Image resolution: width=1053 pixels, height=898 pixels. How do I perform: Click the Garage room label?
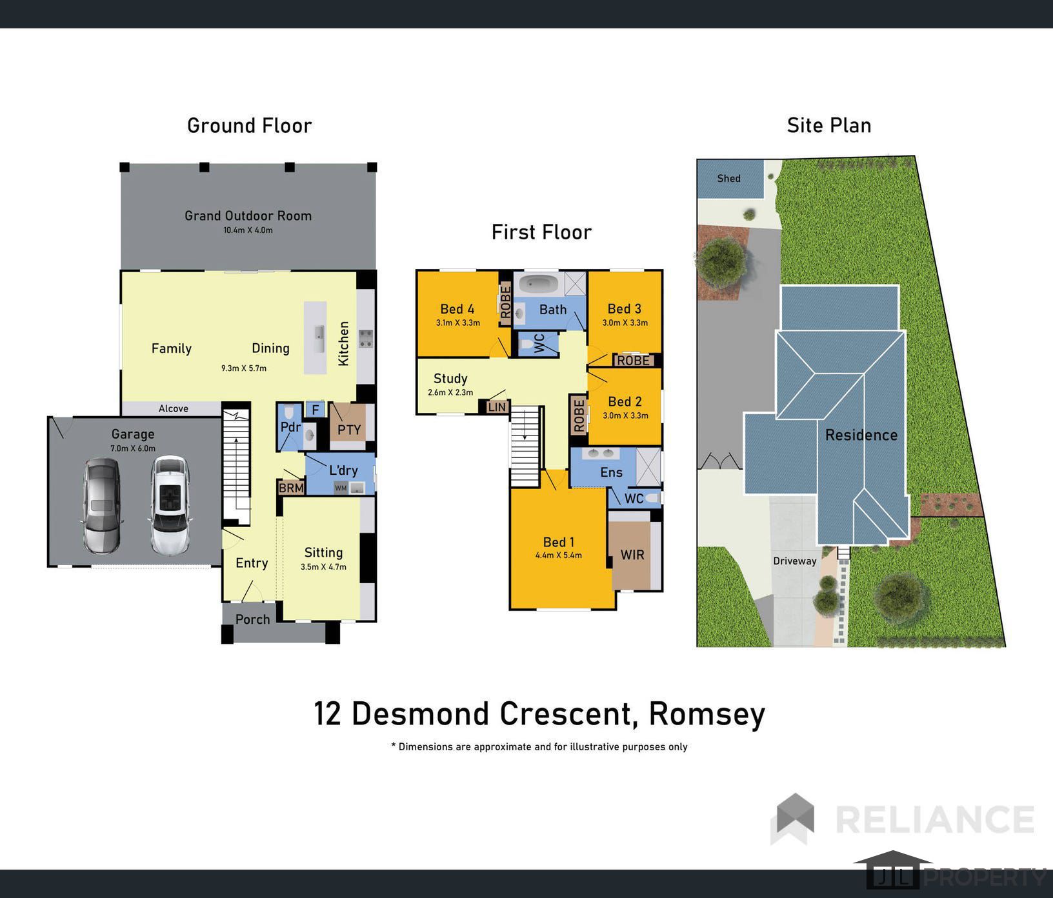pyautogui.click(x=133, y=434)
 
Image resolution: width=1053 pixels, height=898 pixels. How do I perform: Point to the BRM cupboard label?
pyautogui.click(x=291, y=488)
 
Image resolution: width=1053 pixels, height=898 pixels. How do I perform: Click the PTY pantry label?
pyautogui.click(x=349, y=430)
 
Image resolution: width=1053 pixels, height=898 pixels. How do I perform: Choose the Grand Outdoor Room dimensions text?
pyautogui.click(x=248, y=230)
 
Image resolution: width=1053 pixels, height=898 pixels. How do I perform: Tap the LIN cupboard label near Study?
pyautogui.click(x=497, y=407)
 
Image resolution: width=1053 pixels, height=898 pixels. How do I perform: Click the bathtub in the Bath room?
pyautogui.click(x=541, y=283)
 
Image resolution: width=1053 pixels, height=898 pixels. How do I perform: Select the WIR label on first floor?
pyautogui.click(x=632, y=555)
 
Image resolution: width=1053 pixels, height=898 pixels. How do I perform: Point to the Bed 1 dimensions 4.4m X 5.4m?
pyautogui.click(x=559, y=555)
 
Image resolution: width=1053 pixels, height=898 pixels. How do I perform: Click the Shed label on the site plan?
pyautogui.click(x=729, y=179)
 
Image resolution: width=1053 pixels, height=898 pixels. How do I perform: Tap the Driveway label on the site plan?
pyautogui.click(x=795, y=561)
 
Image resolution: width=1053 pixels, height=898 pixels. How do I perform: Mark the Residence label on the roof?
pyautogui.click(x=861, y=435)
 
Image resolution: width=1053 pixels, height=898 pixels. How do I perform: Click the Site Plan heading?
pyautogui.click(x=829, y=126)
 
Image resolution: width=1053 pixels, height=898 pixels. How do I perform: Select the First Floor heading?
pyautogui.click(x=541, y=232)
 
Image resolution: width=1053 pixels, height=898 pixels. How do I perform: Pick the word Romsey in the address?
pyautogui.click(x=707, y=714)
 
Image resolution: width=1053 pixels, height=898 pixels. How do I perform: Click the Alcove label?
pyautogui.click(x=174, y=409)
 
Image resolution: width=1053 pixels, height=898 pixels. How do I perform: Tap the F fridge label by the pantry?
pyautogui.click(x=316, y=410)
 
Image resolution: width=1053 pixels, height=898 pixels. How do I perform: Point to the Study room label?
pyautogui.click(x=450, y=379)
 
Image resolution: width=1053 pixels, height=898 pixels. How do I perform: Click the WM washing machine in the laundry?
pyautogui.click(x=341, y=488)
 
